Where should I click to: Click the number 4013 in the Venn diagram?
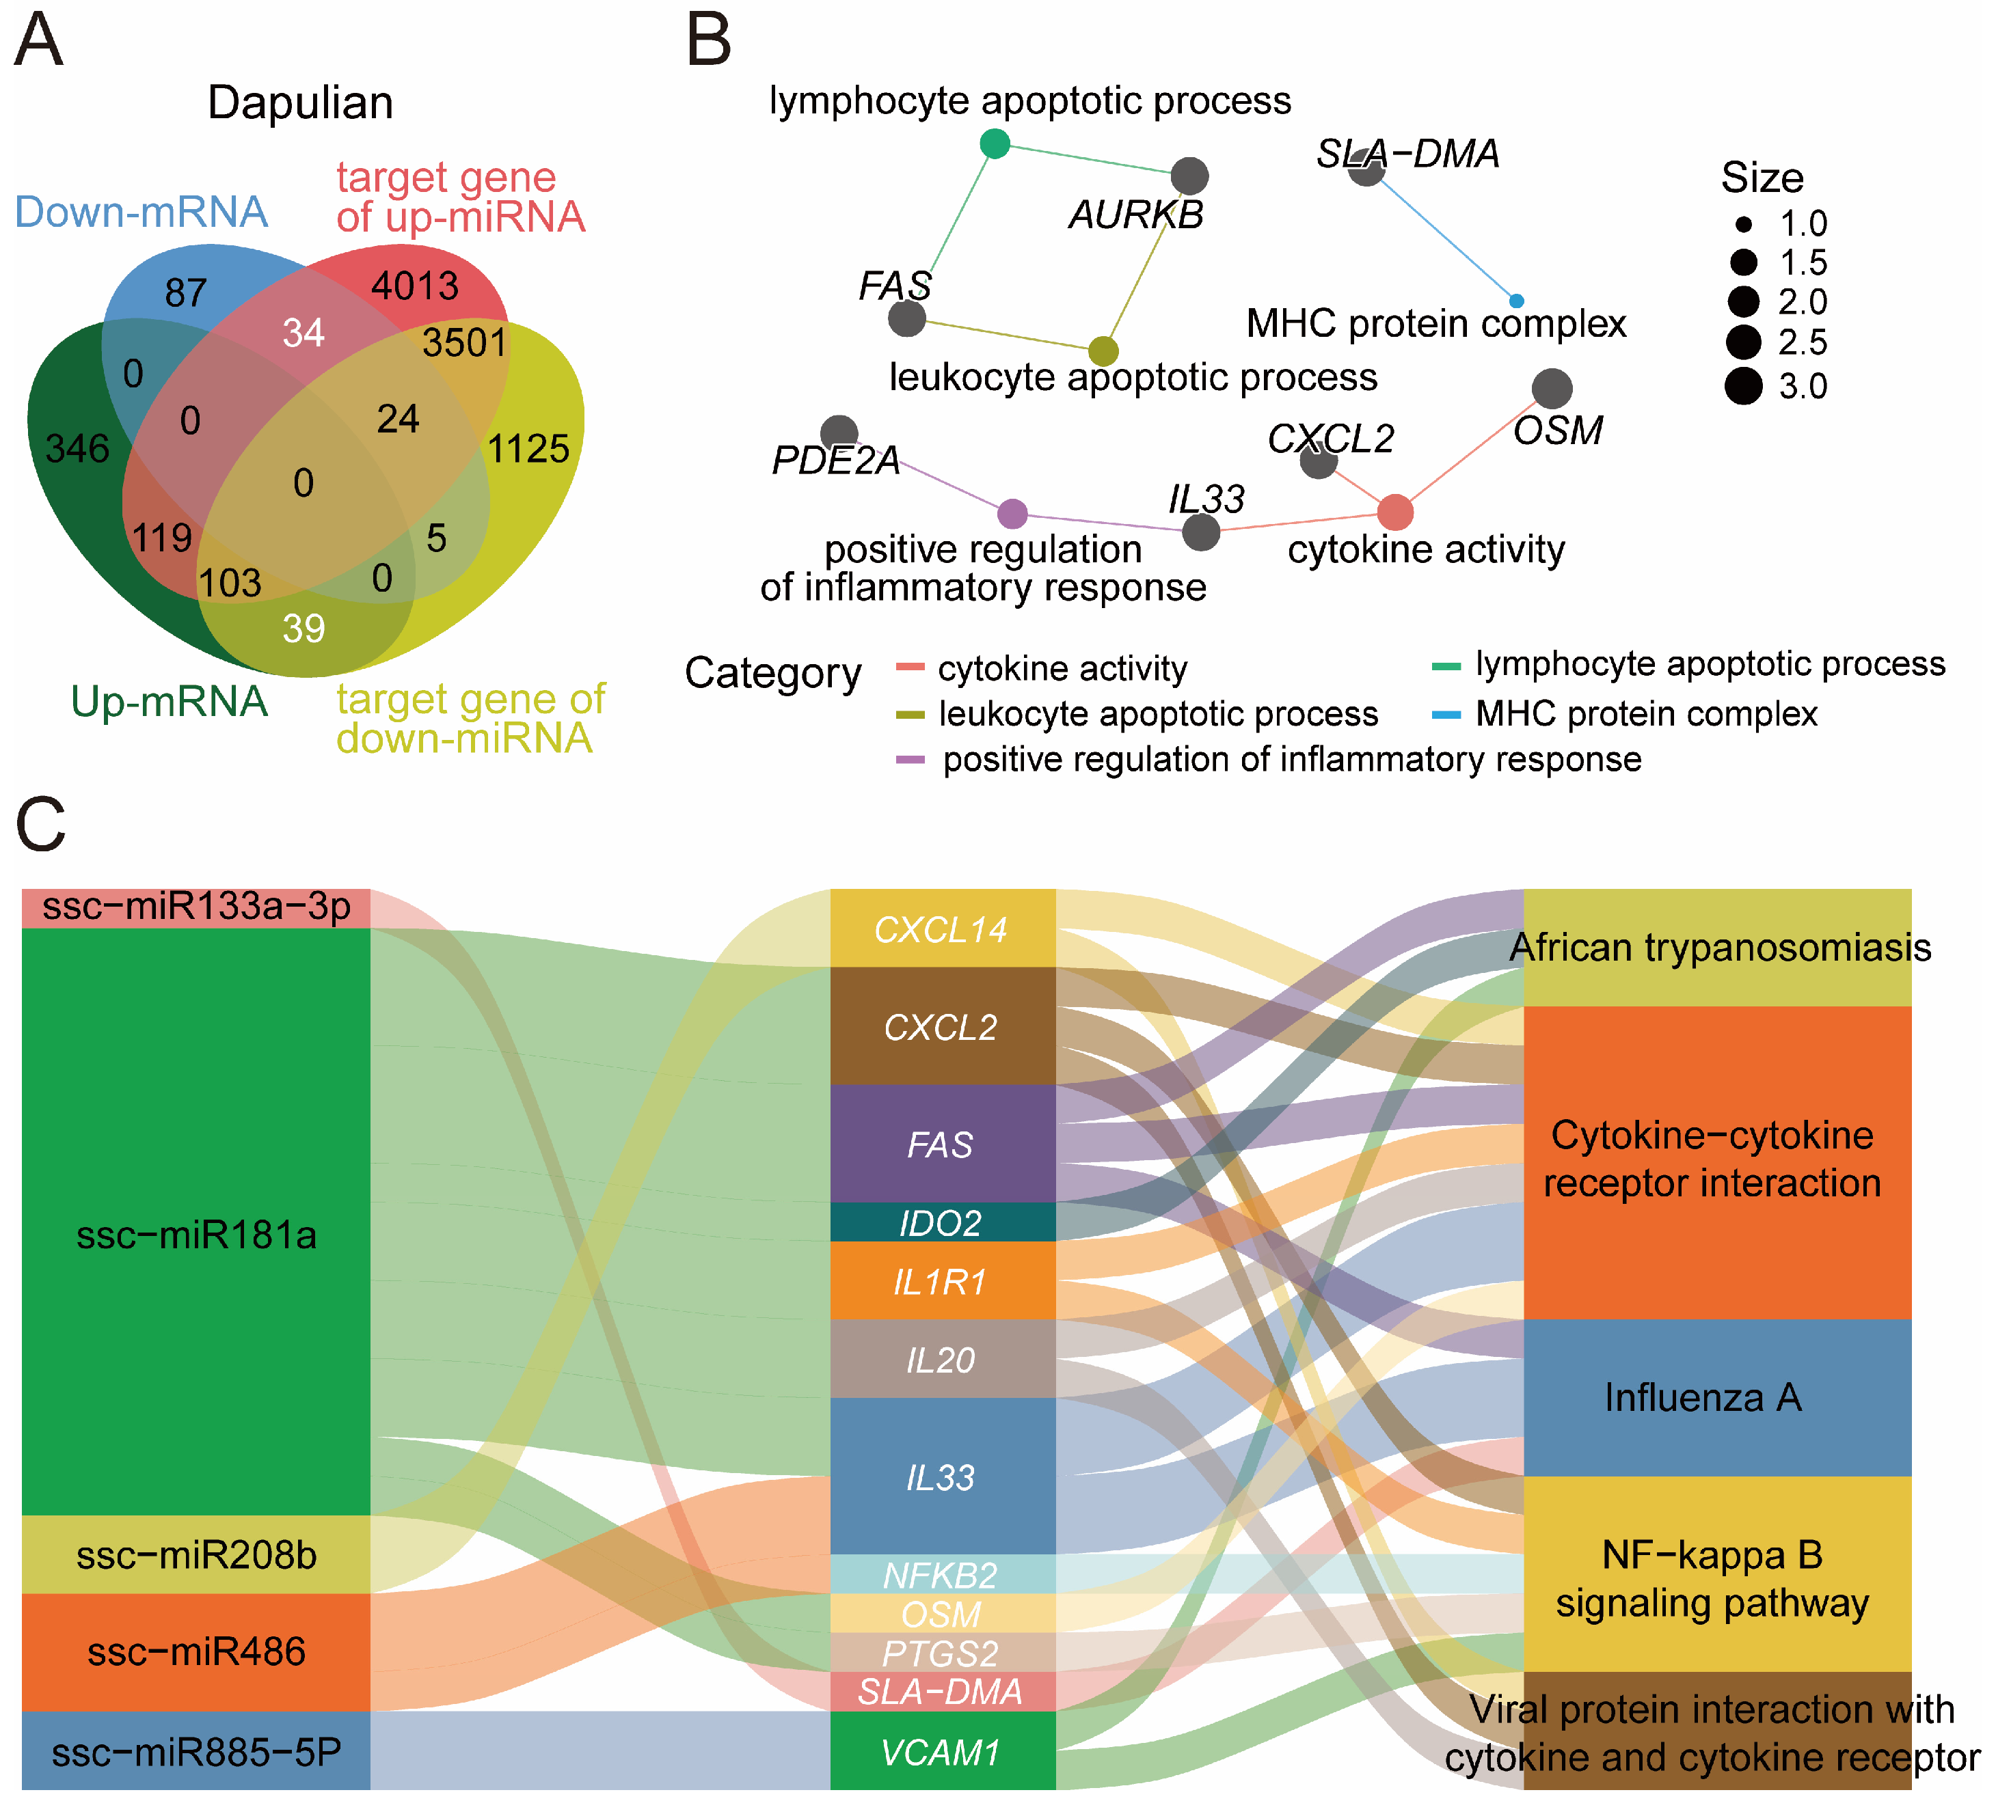click(x=415, y=286)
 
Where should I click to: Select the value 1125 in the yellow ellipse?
click(x=528, y=450)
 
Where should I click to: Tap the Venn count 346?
click(x=77, y=450)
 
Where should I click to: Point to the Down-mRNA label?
click(x=141, y=212)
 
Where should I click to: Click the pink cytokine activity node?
click(x=1395, y=512)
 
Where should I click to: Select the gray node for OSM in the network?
click(x=1552, y=389)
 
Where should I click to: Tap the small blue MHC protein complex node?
click(x=1516, y=301)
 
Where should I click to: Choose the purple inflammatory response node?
click(x=1012, y=514)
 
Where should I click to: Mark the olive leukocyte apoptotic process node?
click(x=1103, y=351)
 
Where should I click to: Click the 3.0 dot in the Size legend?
click(x=1744, y=386)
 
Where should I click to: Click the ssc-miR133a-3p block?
click(x=196, y=907)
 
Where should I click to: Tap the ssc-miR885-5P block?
click(x=196, y=1753)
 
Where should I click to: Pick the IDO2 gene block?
click(x=941, y=1223)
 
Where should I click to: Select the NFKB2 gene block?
click(x=941, y=1574)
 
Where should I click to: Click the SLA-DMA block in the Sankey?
click(x=941, y=1692)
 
